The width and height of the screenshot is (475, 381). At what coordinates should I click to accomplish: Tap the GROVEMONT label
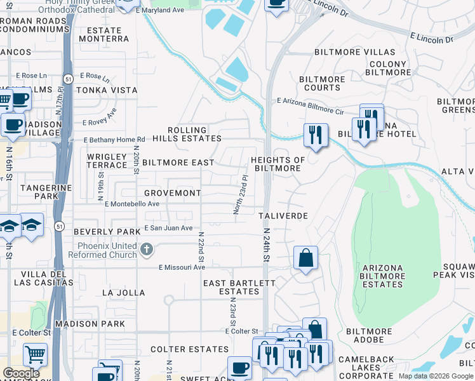point(172,192)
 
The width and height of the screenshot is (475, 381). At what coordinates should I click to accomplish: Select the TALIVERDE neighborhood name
point(283,216)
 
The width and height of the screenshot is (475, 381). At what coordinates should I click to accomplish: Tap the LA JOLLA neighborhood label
point(123,293)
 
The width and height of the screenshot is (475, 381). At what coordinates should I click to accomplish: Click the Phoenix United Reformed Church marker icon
point(147,249)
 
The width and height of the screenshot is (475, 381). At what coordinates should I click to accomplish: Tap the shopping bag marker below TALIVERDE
point(305,258)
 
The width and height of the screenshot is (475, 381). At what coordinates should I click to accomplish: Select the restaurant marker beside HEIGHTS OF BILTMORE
point(316,135)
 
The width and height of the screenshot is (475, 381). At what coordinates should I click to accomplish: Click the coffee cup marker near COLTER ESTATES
point(240,368)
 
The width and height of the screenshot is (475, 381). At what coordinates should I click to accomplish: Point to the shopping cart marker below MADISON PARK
point(35,354)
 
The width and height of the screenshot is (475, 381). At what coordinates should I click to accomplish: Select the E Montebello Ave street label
point(132,204)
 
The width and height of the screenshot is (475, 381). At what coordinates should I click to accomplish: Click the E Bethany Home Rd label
point(114,140)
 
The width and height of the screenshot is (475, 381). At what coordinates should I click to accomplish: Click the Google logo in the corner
point(21,374)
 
